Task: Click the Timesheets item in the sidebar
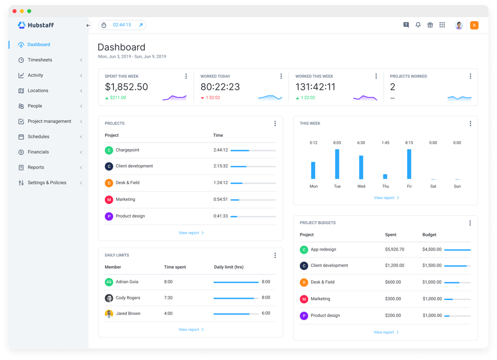coord(40,60)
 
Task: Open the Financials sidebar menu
coord(38,152)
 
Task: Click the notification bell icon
coord(418,25)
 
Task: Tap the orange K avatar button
coord(474,25)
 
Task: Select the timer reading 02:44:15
coord(122,25)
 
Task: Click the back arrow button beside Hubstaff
coord(88,25)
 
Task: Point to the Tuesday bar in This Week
coord(337,164)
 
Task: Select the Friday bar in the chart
coord(409,164)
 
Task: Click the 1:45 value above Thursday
coord(386,142)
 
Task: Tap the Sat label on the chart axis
coord(433,186)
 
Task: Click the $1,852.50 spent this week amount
coord(126,87)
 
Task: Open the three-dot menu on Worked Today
coord(281,76)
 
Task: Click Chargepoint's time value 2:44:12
coord(221,150)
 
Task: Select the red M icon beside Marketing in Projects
coord(109,200)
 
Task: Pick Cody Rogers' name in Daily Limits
coord(128,298)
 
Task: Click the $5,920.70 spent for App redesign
coord(394,249)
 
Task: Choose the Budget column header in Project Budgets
coord(429,235)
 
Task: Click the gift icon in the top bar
coord(430,25)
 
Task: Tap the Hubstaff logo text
coord(41,25)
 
